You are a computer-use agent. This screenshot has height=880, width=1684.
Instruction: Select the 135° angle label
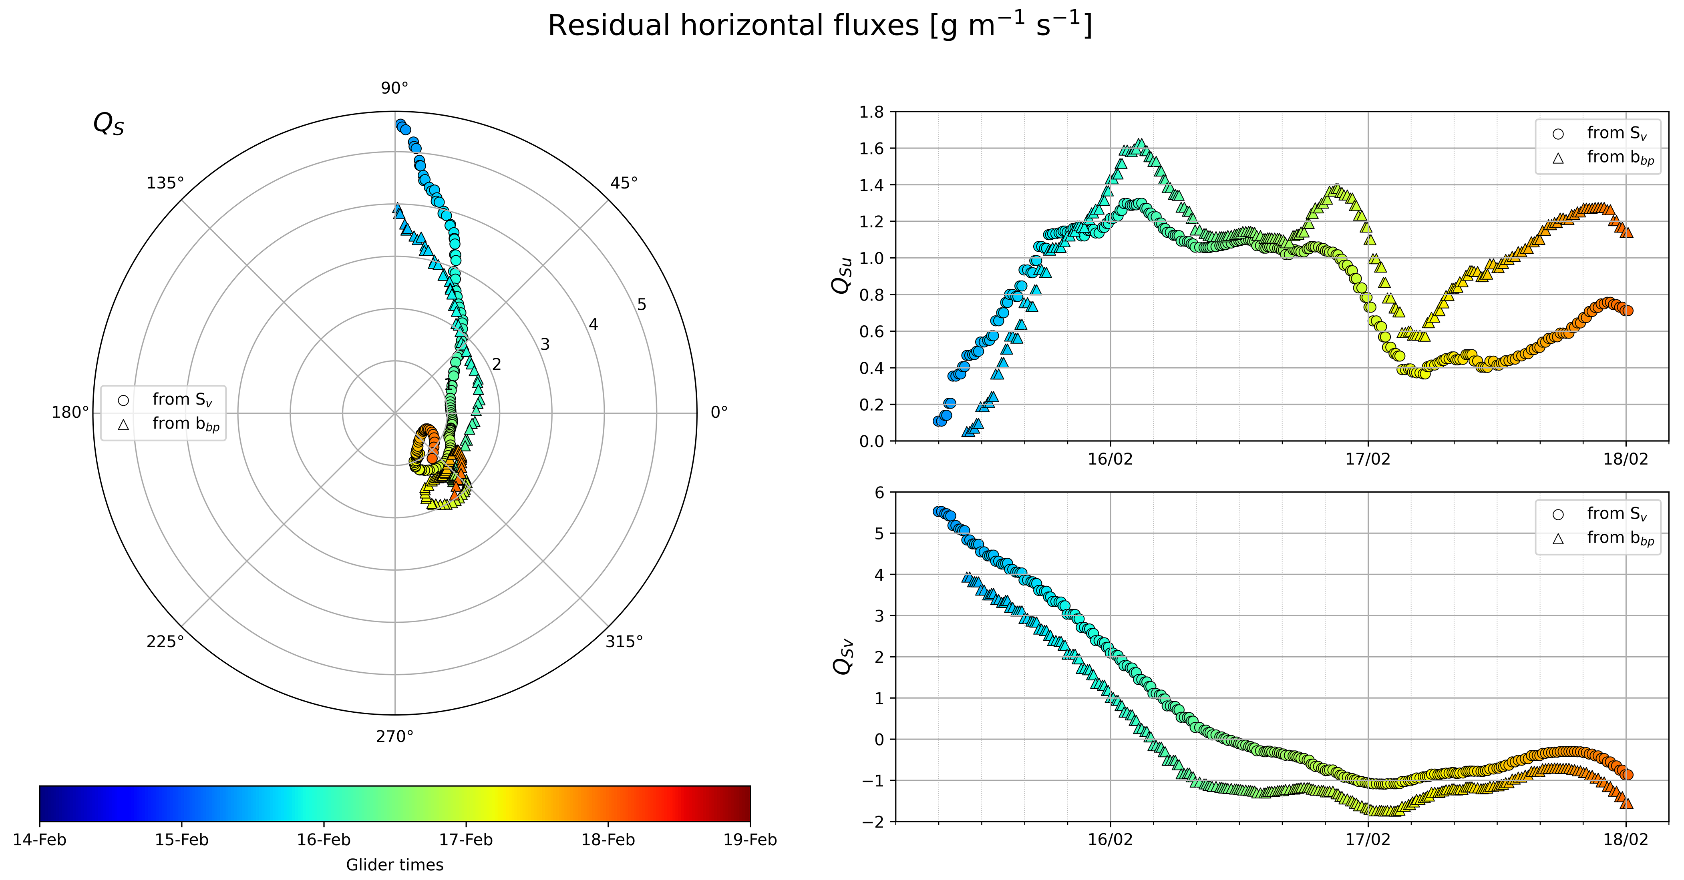(x=165, y=183)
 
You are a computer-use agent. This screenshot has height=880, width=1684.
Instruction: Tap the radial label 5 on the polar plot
(x=641, y=305)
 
